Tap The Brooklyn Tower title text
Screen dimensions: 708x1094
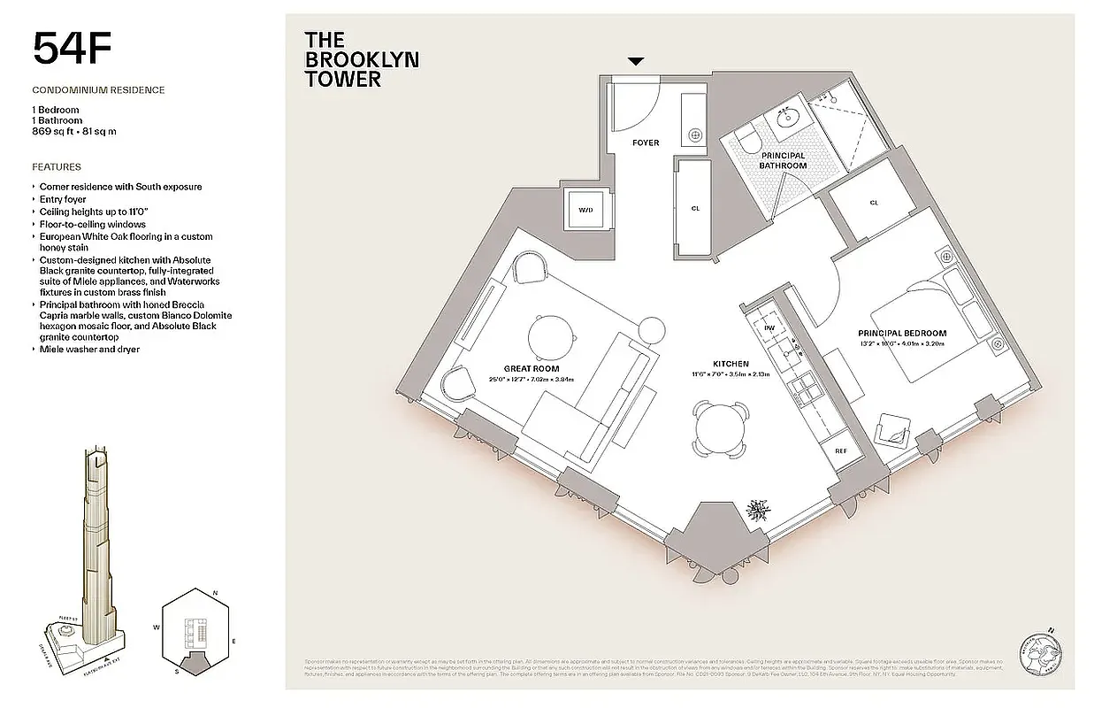(x=361, y=59)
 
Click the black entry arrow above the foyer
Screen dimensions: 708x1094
(x=636, y=61)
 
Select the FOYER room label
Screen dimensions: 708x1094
(x=645, y=142)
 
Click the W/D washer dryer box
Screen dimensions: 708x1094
(x=585, y=211)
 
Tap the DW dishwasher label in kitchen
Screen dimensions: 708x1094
(x=769, y=328)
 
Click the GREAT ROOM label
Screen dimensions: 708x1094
(x=532, y=369)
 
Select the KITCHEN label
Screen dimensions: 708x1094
(x=731, y=364)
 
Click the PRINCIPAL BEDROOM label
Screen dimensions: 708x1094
(x=901, y=334)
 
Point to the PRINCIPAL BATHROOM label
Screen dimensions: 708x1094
(x=784, y=160)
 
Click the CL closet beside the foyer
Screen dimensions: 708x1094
(x=695, y=209)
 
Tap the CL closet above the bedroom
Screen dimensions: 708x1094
(x=874, y=203)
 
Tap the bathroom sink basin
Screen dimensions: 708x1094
(x=785, y=117)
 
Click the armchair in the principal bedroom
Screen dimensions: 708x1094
(x=894, y=432)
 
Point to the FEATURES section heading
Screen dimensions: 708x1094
(x=57, y=166)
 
